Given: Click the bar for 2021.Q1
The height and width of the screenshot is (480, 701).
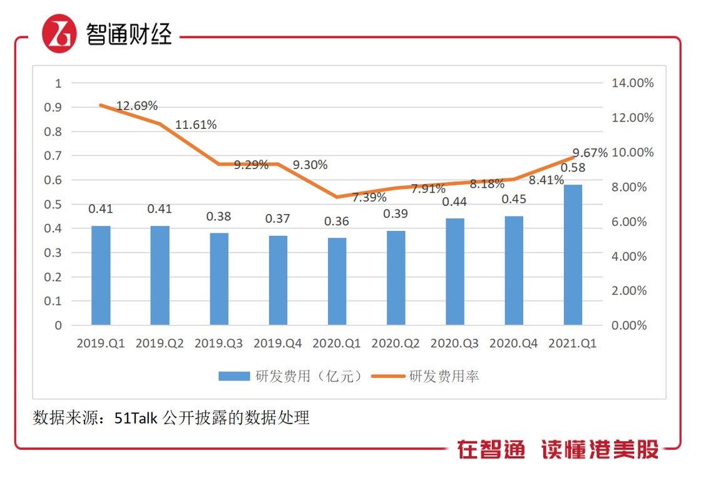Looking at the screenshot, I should click(x=573, y=255).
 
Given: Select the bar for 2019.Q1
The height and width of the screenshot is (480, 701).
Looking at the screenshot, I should click(x=100, y=275).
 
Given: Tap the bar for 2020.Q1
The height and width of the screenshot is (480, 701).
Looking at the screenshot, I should click(x=337, y=282).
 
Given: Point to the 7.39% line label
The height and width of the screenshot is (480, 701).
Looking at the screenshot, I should click(x=369, y=198).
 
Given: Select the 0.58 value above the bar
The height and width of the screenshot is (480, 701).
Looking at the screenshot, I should click(x=573, y=168).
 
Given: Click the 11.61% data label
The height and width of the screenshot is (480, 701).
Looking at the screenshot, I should click(x=196, y=125).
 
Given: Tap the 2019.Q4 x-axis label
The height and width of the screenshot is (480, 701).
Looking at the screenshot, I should click(x=277, y=344).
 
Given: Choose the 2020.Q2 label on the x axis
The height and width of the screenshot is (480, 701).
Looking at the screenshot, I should click(x=396, y=344).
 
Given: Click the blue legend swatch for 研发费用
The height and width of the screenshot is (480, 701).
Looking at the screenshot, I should click(x=234, y=376).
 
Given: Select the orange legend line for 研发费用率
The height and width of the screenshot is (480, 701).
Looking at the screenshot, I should click(x=389, y=376).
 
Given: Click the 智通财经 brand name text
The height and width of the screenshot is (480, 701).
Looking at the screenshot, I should click(x=129, y=35).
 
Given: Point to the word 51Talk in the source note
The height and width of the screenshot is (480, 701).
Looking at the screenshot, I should click(x=136, y=417).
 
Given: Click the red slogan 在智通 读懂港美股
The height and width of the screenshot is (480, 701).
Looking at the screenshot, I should click(x=558, y=449).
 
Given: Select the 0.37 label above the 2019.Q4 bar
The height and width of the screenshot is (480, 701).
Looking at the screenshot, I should click(x=277, y=218).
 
